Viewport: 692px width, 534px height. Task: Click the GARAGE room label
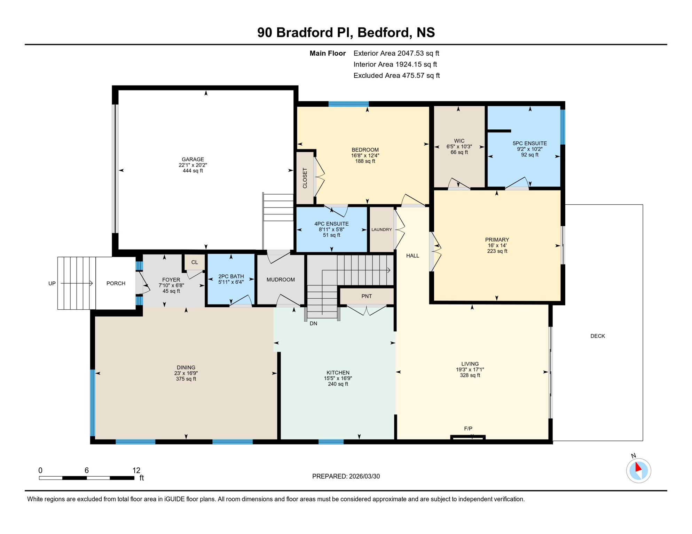pyautogui.click(x=192, y=160)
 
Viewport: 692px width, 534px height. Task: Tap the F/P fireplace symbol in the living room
pyautogui.click(x=468, y=437)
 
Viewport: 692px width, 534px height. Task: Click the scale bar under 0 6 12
pyautogui.click(x=86, y=478)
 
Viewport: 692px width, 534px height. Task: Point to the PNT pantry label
pyautogui.click(x=367, y=296)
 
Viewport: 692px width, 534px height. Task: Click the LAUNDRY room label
pyautogui.click(x=382, y=229)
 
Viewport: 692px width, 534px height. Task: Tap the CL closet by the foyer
pyautogui.click(x=194, y=262)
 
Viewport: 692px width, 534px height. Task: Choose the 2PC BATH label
pyautogui.click(x=231, y=276)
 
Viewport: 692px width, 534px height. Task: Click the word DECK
pyautogui.click(x=597, y=336)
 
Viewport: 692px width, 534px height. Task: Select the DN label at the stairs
pyautogui.click(x=313, y=323)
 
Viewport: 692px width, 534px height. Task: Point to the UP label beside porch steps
pyautogui.click(x=52, y=283)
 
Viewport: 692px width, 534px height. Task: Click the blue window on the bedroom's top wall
pyautogui.click(x=348, y=104)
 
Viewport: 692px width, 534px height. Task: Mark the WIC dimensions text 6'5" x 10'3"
pyautogui.click(x=459, y=147)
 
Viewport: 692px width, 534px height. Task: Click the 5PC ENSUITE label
pyautogui.click(x=529, y=143)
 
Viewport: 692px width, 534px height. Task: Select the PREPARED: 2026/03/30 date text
pyautogui.click(x=346, y=476)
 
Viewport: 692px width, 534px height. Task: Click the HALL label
pyautogui.click(x=412, y=256)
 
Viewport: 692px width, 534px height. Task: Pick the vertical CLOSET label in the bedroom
pyautogui.click(x=305, y=178)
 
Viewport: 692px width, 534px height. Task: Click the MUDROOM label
pyautogui.click(x=281, y=280)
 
